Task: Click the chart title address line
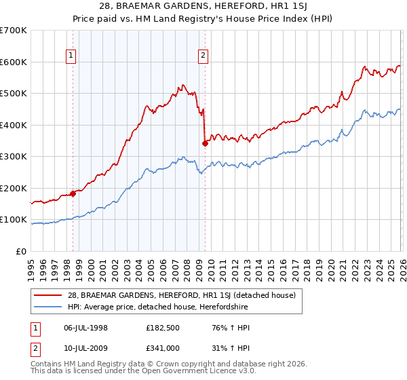pyautogui.click(x=203, y=6)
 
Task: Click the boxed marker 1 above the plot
pyautogui.click(x=72, y=56)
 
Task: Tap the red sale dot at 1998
pyautogui.click(x=73, y=194)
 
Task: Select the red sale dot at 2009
pyautogui.click(x=205, y=143)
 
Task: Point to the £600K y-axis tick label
pyautogui.click(x=14, y=62)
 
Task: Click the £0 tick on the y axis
pyautogui.click(x=20, y=252)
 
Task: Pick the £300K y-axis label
pyautogui.click(x=14, y=157)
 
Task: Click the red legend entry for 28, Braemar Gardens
pyautogui.click(x=181, y=295)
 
